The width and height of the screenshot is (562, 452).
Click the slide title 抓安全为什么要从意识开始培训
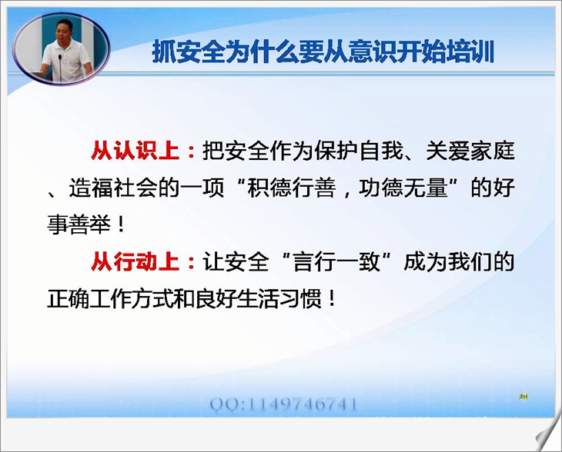[323, 52]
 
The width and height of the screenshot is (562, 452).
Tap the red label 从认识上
[135, 151]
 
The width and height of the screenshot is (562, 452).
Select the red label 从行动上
[135, 261]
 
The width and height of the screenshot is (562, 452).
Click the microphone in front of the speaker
[60, 68]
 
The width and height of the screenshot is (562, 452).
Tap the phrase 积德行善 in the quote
[292, 188]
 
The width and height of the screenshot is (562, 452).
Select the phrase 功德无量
[403, 188]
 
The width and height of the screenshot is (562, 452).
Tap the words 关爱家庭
[470, 151]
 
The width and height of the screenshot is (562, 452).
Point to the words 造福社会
[113, 188]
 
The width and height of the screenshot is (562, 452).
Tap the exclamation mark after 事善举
[121, 224]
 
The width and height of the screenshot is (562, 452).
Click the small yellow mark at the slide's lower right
[523, 397]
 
